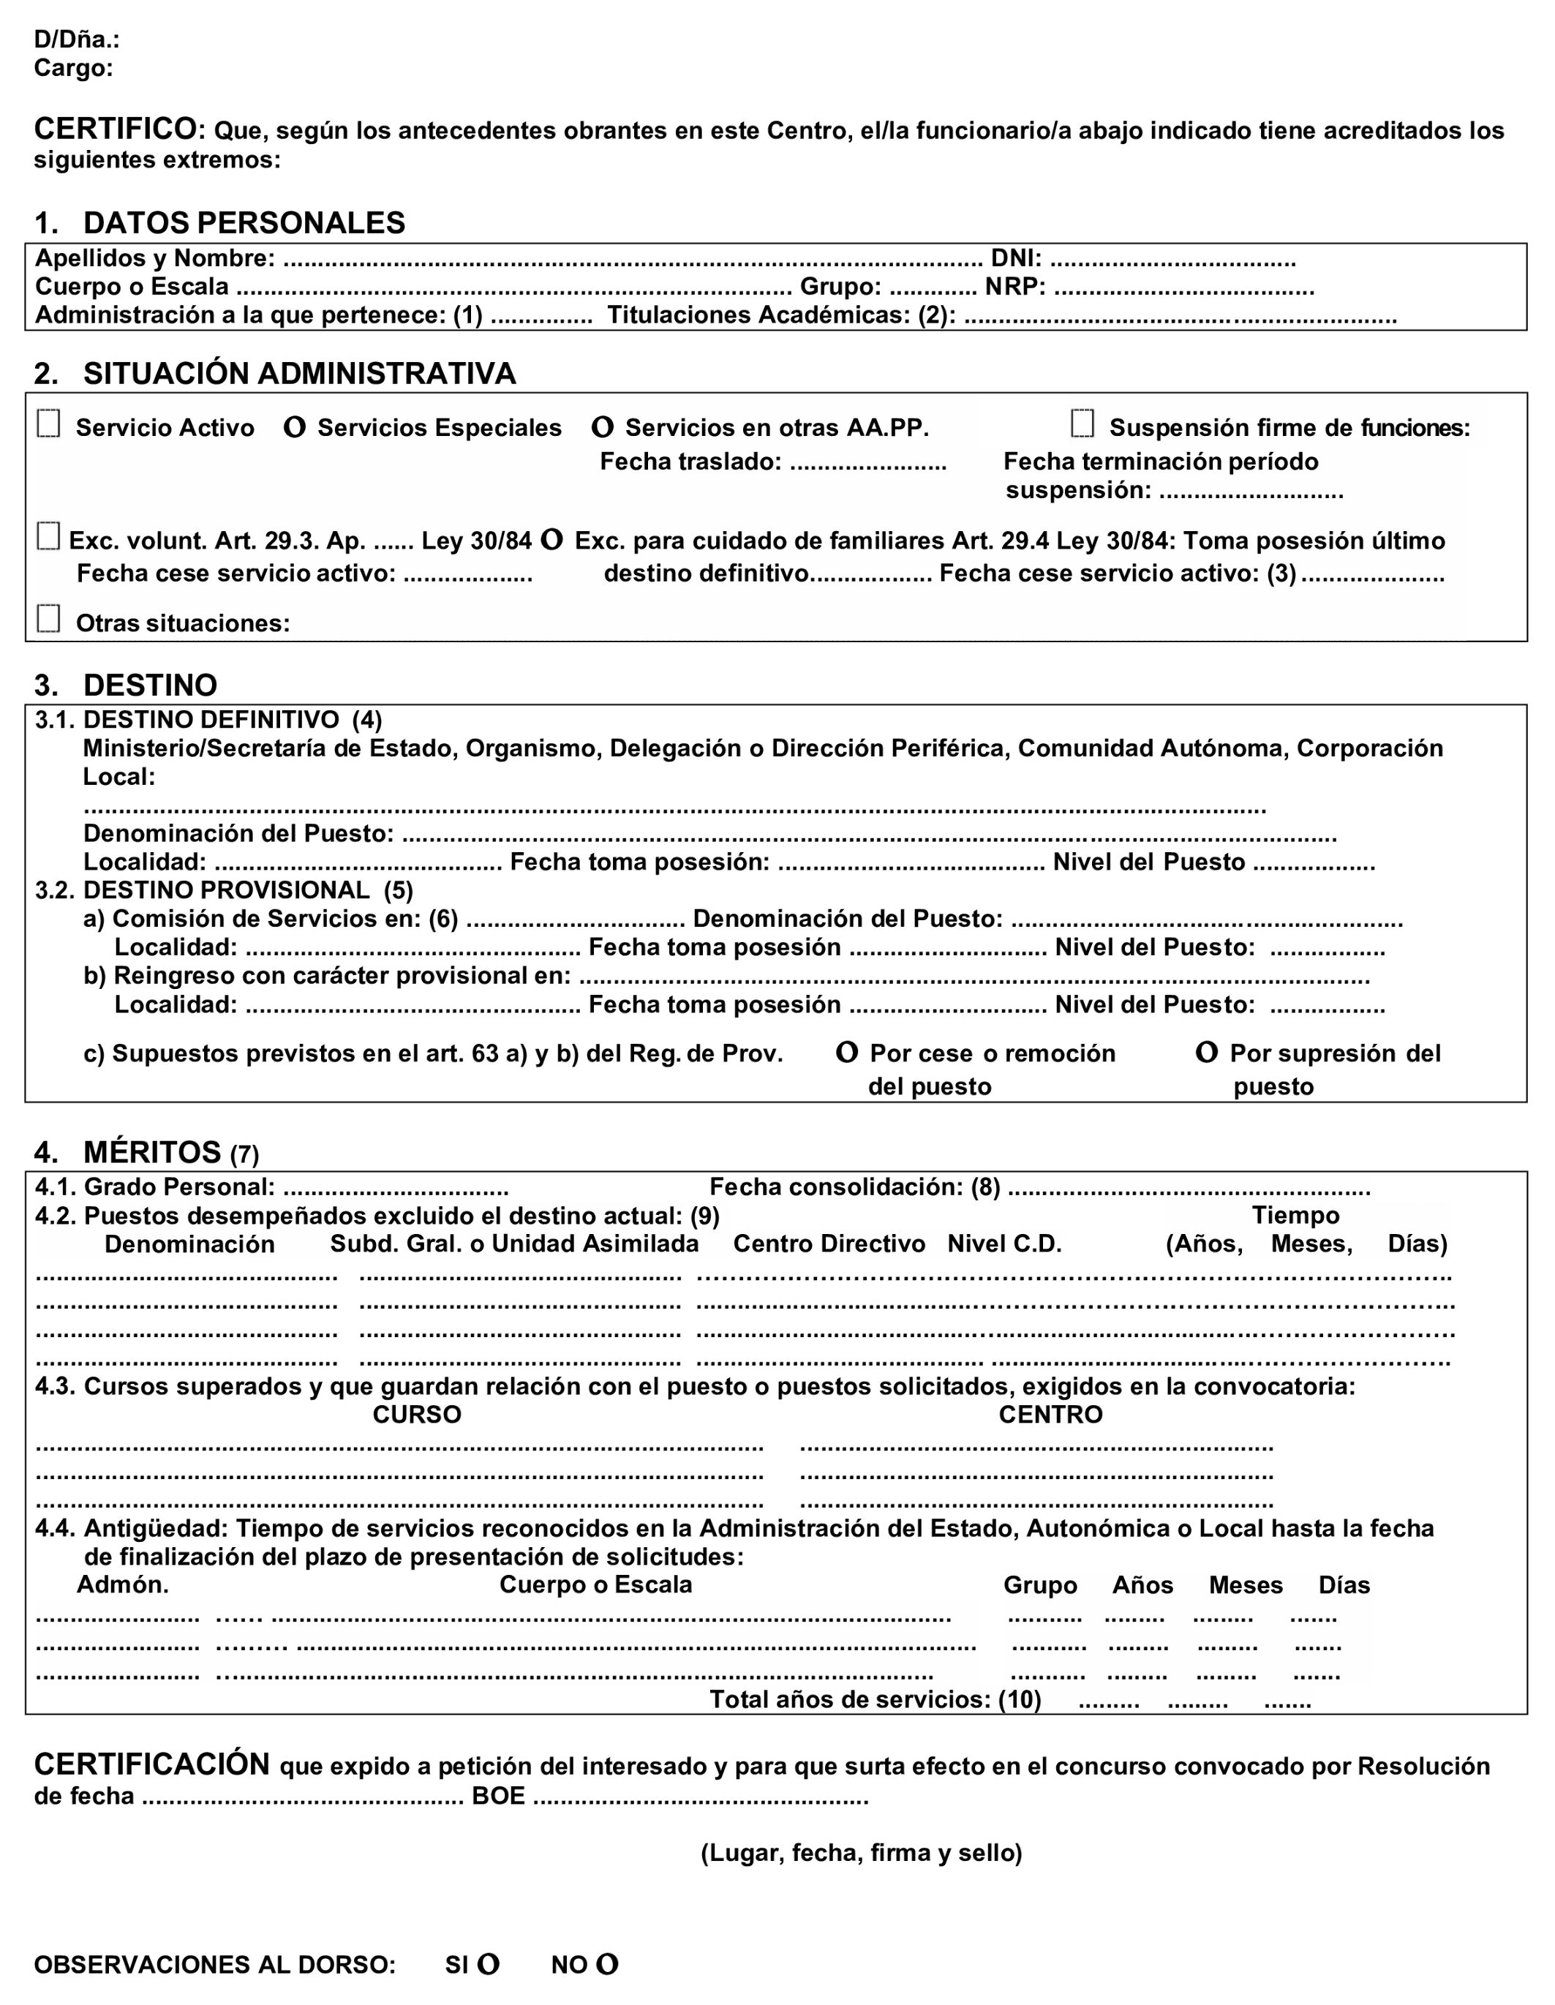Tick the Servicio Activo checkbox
point(49,424)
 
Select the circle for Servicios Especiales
point(295,427)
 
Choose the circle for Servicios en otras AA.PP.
point(602,427)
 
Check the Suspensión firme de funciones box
point(1083,424)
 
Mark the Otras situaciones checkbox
point(49,619)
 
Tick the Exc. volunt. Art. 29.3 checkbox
point(49,536)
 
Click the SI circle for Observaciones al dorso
point(489,1965)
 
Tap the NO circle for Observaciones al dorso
point(607,1965)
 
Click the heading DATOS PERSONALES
point(244,223)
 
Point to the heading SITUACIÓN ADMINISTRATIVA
point(299,374)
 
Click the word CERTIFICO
point(116,129)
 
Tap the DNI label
point(1015,259)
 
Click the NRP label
point(1015,287)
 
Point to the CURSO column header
point(417,1415)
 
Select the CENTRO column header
point(1050,1415)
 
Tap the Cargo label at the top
point(73,68)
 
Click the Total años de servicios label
point(875,1699)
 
